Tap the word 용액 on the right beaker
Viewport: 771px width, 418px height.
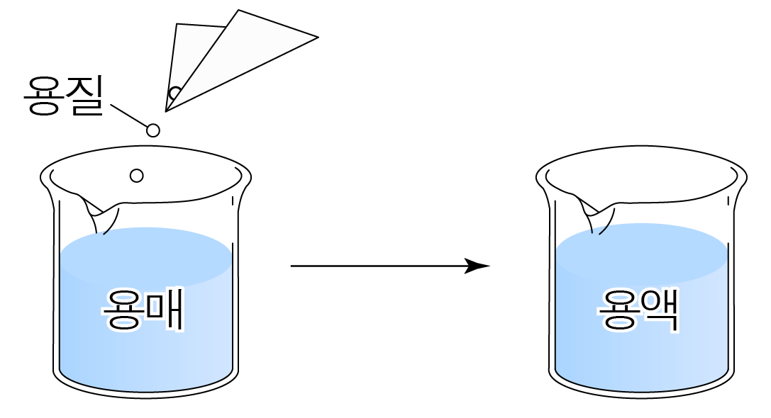[639, 310]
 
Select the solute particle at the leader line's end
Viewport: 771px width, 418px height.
[152, 130]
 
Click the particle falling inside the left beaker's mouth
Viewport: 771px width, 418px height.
[137, 176]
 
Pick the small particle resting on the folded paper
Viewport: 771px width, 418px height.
[174, 93]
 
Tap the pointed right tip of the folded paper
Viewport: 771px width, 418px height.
[316, 37]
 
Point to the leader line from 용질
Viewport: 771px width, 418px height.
[128, 116]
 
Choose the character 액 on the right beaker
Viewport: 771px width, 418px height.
[660, 310]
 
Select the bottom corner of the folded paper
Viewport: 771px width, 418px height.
[167, 110]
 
